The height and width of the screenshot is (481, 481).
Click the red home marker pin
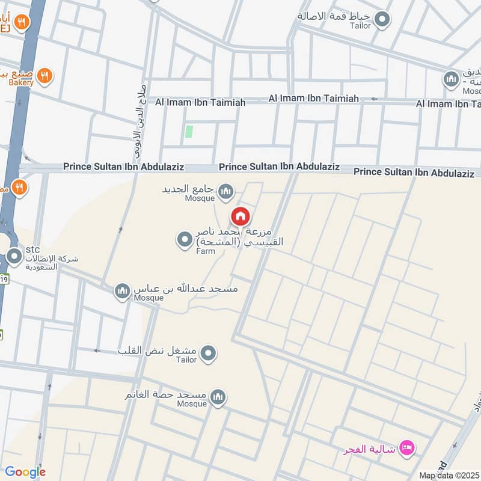240,216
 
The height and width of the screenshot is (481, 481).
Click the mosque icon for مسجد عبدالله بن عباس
123,291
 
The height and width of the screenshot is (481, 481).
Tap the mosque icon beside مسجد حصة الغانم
218,396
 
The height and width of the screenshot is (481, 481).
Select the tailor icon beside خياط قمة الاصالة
381,20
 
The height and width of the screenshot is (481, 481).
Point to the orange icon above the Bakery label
43,76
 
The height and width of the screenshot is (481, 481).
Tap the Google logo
25,472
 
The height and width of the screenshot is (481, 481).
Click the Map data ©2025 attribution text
449,475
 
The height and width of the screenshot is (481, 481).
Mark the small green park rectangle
189,132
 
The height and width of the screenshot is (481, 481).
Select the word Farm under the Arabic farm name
205,251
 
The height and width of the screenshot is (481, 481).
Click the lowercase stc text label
32,249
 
